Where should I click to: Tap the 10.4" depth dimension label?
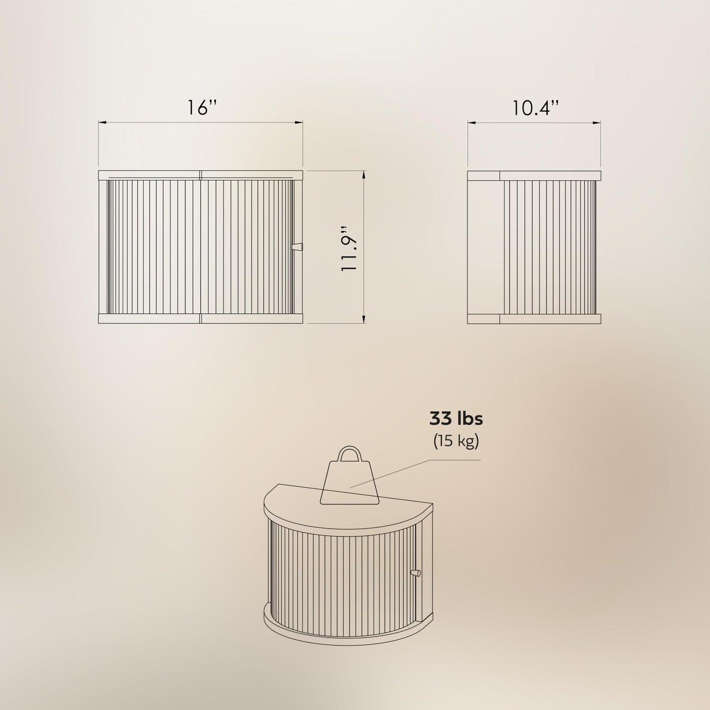coord(535,108)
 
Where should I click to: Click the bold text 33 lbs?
coord(456,419)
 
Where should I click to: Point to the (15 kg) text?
coord(456,441)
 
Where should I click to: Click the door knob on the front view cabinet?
coord(298,247)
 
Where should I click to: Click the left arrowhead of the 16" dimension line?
coord(102,123)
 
